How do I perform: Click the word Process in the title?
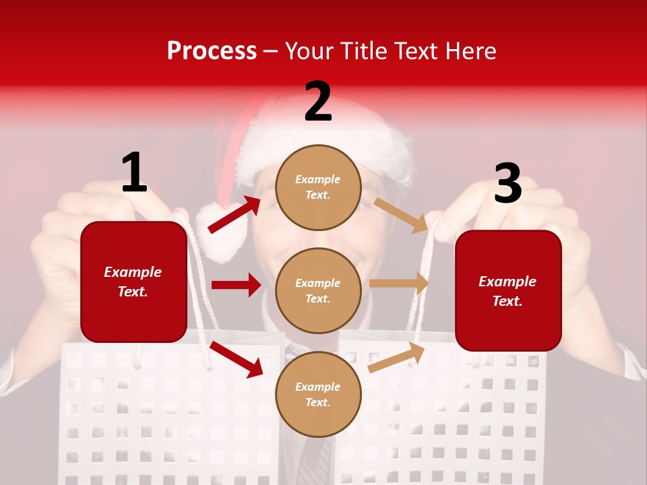pyautogui.click(x=212, y=52)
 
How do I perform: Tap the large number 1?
pyautogui.click(x=134, y=173)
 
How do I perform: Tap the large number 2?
pyautogui.click(x=318, y=102)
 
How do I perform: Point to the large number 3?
pyautogui.click(x=507, y=184)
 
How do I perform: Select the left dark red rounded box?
pyautogui.click(x=133, y=282)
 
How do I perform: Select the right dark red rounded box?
pyautogui.click(x=508, y=291)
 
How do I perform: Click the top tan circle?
pyautogui.click(x=318, y=187)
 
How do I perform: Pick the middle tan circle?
pyautogui.click(x=318, y=291)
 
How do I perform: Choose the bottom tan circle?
pyautogui.click(x=318, y=395)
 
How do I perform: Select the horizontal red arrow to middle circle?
pyautogui.click(x=236, y=285)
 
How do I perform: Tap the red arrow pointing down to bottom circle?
pyautogui.click(x=237, y=359)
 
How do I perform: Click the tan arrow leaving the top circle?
pyautogui.click(x=401, y=215)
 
